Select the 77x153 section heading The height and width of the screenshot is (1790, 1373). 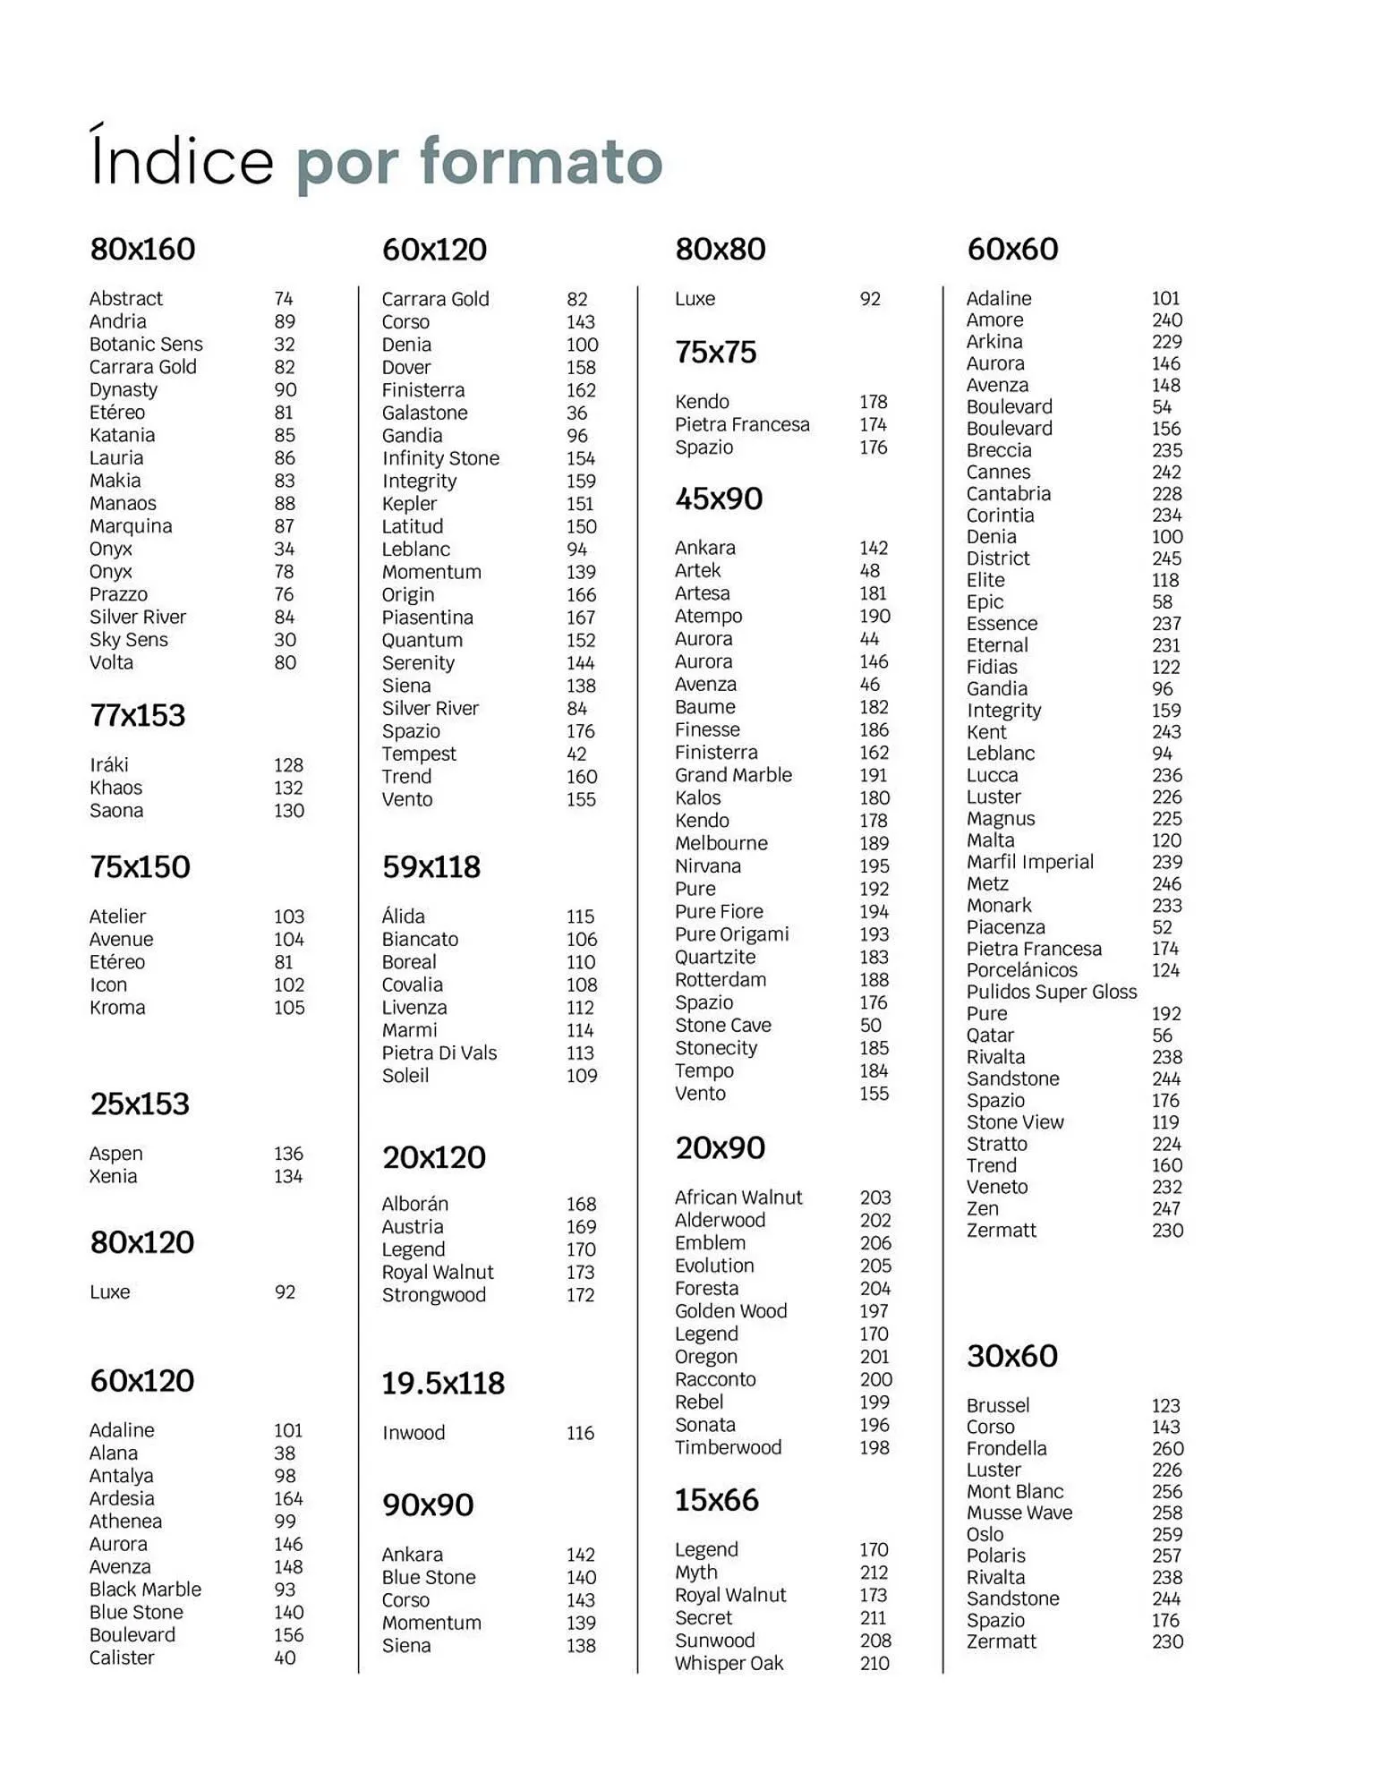[x=138, y=716]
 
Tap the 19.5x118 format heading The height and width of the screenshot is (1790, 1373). [x=443, y=1384]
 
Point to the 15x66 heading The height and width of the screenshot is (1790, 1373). [x=716, y=1500]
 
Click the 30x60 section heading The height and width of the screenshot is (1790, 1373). [x=1011, y=1356]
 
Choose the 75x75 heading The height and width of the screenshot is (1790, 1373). [x=715, y=353]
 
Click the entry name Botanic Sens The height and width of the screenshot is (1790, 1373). [x=146, y=345]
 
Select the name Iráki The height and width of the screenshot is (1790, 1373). [x=109, y=765]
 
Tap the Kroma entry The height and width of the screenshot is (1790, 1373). [x=117, y=1008]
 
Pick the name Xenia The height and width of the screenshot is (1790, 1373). [x=113, y=1176]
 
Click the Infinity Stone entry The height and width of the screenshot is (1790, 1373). [x=440, y=458]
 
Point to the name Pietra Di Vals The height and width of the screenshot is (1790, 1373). [x=439, y=1053]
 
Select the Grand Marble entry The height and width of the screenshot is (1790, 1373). [x=733, y=775]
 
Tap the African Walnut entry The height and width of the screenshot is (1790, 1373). [x=738, y=1198]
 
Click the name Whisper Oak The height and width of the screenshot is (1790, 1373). [x=729, y=1664]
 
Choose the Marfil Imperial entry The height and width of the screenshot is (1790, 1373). [x=1029, y=862]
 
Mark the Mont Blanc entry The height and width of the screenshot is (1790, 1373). [x=1014, y=1492]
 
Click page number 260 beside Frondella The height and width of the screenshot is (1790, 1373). [x=1167, y=1448]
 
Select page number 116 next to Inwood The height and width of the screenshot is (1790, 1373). [x=580, y=1433]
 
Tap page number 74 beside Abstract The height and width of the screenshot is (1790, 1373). [x=284, y=299]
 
